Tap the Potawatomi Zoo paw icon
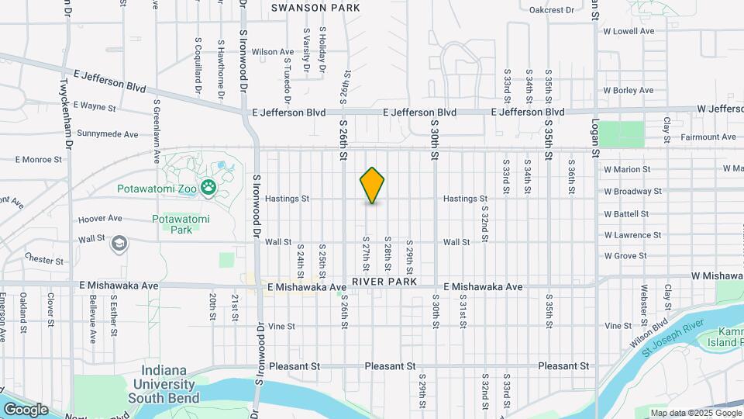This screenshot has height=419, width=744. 208,187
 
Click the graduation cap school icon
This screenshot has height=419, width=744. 120,244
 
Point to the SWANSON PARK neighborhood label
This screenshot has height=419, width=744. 315,8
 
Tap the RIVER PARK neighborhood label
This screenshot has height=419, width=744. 384,281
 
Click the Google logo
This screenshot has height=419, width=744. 25,409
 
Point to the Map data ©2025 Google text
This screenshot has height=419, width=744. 695,413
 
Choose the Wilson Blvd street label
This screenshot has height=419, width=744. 649,334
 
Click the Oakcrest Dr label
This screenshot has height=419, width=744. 551,10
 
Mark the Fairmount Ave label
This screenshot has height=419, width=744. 708,137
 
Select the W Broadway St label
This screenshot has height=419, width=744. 632,191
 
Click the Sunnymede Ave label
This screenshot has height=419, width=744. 107,133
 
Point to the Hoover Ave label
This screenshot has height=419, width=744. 101,219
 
